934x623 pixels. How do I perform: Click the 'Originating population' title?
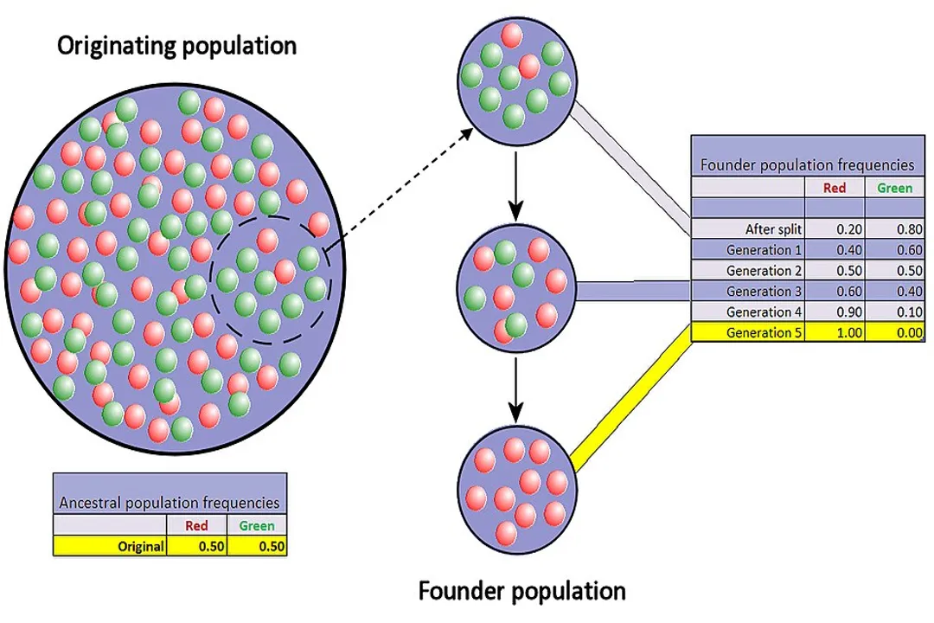(x=176, y=46)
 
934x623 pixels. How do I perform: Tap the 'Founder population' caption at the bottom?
(x=521, y=591)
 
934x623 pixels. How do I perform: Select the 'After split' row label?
(x=773, y=229)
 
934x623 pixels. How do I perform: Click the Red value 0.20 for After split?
(x=834, y=229)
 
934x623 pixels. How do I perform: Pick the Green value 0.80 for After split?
(x=894, y=229)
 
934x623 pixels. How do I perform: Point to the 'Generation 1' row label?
(x=764, y=250)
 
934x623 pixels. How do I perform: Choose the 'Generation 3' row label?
(x=764, y=292)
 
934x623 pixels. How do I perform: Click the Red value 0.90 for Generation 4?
(x=834, y=312)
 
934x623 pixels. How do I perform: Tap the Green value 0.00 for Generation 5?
(x=894, y=333)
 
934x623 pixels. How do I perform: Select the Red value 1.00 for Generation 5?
(x=834, y=333)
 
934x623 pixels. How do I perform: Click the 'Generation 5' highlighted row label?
(x=764, y=333)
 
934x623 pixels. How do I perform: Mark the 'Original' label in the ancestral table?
(x=142, y=546)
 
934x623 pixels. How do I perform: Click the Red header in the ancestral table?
(x=196, y=525)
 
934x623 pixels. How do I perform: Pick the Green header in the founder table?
(x=894, y=187)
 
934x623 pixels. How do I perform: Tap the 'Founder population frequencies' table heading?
(x=806, y=164)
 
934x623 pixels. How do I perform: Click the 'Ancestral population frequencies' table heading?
(x=169, y=502)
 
